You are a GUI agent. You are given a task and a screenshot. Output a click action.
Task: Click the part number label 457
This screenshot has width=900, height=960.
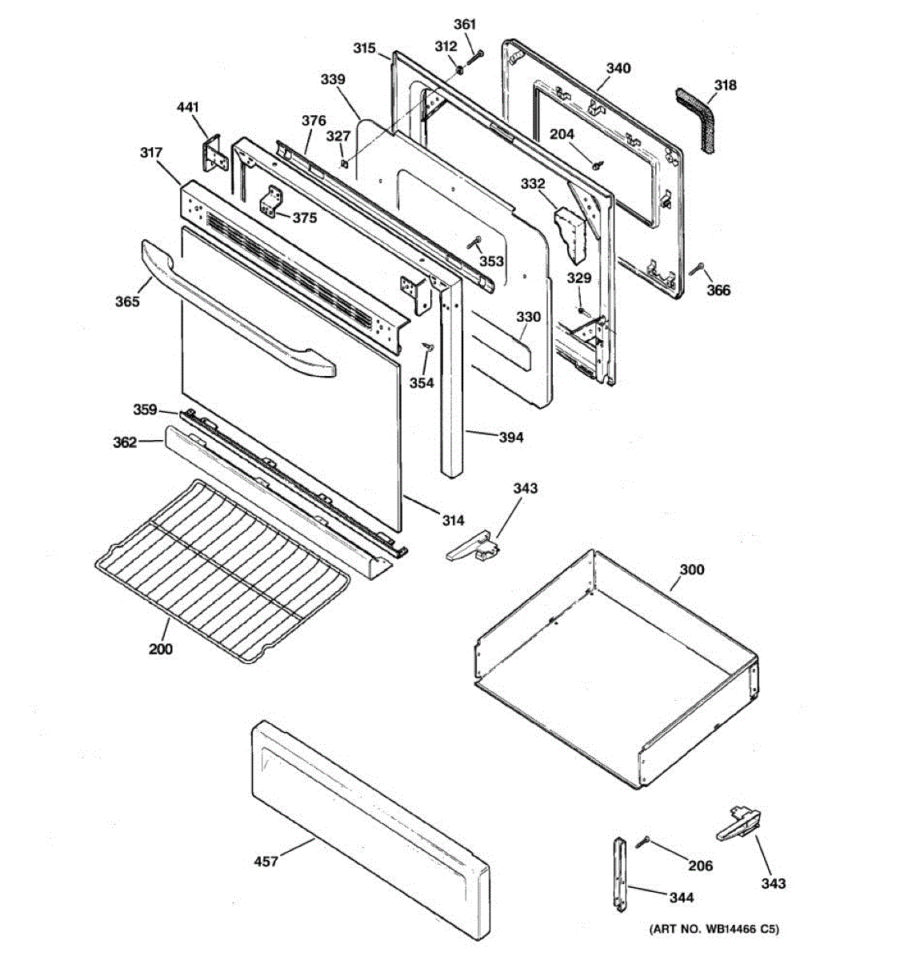(x=266, y=861)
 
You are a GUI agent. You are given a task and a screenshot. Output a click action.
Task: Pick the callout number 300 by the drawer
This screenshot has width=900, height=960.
(x=692, y=570)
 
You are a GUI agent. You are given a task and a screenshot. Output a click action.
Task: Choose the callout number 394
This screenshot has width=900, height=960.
(x=511, y=437)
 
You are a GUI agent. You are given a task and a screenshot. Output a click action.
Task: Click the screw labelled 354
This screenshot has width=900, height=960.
(x=428, y=346)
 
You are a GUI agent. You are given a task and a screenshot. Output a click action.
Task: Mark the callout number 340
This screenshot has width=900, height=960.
(x=618, y=68)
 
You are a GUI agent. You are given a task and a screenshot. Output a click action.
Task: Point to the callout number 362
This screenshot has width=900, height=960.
(x=125, y=442)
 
